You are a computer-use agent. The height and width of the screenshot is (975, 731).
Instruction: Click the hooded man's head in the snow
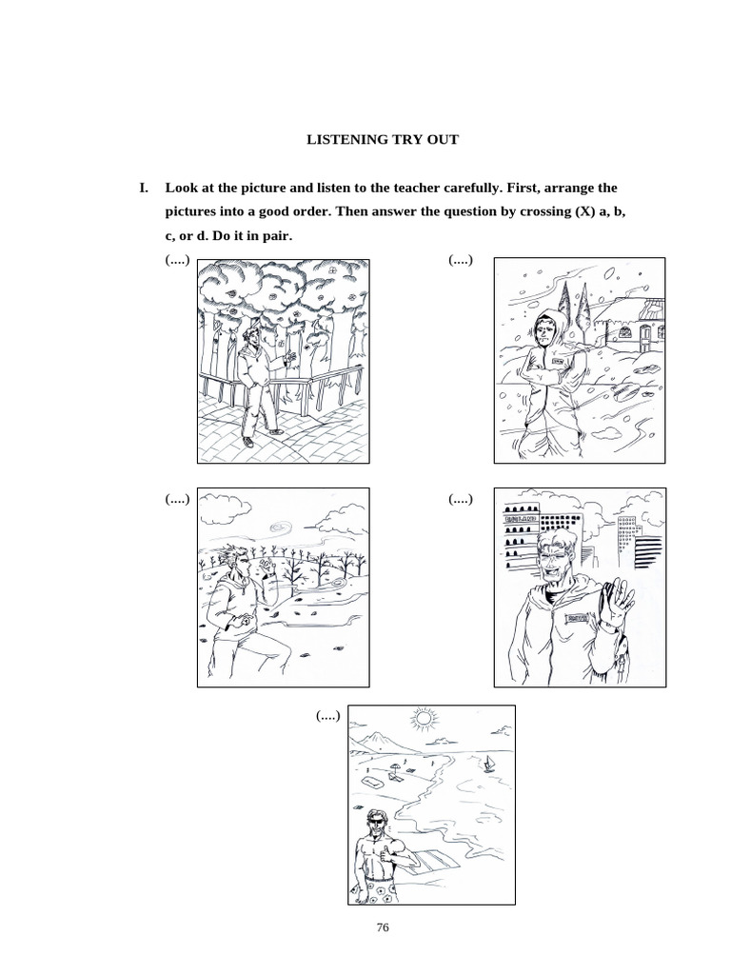click(x=545, y=329)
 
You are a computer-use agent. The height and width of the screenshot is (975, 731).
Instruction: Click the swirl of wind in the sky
click(x=284, y=524)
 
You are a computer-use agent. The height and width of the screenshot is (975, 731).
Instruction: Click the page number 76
click(x=384, y=928)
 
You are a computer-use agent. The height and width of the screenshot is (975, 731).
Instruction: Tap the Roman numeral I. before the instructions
click(x=145, y=189)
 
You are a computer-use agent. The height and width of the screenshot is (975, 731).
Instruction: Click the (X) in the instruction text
click(x=583, y=211)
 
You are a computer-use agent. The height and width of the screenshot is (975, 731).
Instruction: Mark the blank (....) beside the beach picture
click(x=330, y=715)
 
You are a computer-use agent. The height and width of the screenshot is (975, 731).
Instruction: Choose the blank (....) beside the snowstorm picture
click(x=460, y=260)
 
